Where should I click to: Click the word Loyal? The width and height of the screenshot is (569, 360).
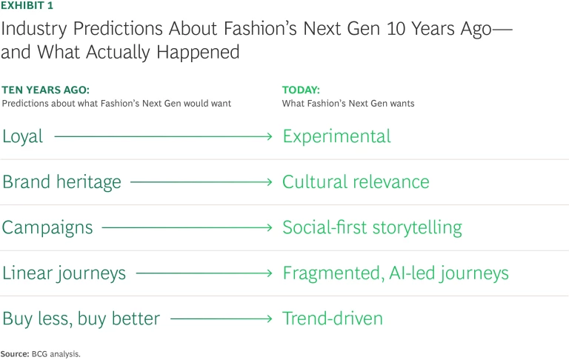point(23,136)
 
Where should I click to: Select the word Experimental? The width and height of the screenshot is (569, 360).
point(336,136)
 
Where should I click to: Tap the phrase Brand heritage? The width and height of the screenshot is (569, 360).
point(61,182)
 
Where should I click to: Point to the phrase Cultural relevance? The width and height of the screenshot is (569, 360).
point(356,182)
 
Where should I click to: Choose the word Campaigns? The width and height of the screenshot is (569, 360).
point(47,227)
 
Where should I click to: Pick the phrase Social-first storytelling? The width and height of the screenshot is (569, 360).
point(372,227)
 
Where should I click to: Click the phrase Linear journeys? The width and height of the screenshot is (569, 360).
point(64,273)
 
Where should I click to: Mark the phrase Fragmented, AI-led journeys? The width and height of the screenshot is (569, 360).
point(396,273)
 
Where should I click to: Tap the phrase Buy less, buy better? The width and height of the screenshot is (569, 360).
point(81,319)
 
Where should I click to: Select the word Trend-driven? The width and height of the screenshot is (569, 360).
point(333,319)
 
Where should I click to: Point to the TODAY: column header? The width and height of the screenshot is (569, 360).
point(301,90)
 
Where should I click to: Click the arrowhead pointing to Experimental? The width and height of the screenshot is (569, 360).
point(270,136)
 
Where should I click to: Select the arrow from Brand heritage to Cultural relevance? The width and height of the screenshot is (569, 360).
point(202,182)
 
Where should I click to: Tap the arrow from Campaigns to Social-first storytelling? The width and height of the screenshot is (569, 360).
point(187,228)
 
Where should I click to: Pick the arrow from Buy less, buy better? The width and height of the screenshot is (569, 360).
point(222,319)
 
